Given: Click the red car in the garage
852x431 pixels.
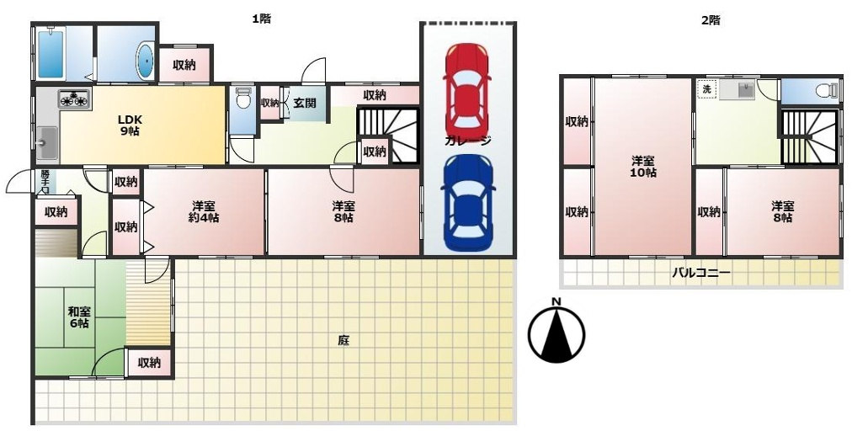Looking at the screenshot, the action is [x=466, y=89].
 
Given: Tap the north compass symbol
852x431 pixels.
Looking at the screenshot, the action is [x=557, y=332].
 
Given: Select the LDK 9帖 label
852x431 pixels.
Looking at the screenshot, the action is [x=130, y=125].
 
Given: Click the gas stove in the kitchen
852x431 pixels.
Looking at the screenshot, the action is [x=74, y=99].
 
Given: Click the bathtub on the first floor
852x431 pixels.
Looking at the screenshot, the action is [x=51, y=53].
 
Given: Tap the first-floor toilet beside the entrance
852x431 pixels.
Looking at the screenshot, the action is [x=243, y=98].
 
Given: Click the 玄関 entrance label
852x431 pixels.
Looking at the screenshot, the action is [x=305, y=103].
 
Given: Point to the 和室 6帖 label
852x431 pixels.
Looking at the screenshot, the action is [x=79, y=317].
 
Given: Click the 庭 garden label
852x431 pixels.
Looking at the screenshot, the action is [x=343, y=341].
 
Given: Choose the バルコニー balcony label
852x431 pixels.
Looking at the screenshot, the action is [x=700, y=273].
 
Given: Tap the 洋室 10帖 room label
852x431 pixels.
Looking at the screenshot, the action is [x=643, y=167].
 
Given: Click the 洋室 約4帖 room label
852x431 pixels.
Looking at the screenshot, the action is [x=205, y=212].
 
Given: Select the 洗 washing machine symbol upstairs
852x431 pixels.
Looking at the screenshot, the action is [x=707, y=90].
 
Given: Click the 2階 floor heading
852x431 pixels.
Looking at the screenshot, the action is [x=711, y=21].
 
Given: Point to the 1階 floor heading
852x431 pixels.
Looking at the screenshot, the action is [x=261, y=19].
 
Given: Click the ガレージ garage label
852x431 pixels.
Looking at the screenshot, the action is [x=468, y=141].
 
